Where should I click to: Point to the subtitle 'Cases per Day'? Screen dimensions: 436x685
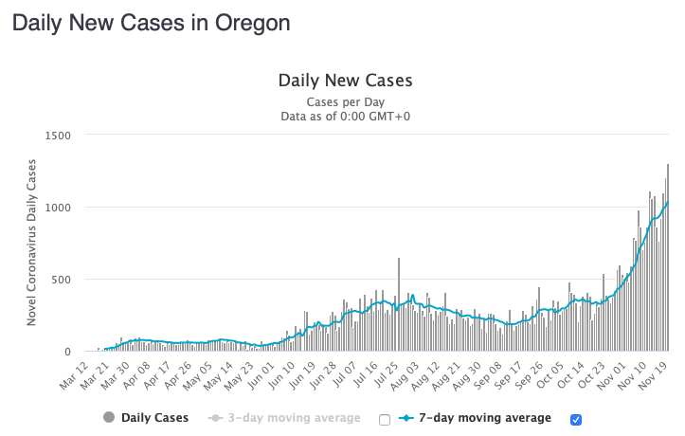(x=345, y=101)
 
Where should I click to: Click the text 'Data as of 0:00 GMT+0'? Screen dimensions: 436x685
(x=345, y=117)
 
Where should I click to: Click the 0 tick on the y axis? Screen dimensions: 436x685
(x=67, y=352)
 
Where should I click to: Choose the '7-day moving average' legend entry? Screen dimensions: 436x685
(x=475, y=418)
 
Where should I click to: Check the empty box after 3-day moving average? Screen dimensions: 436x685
(x=385, y=419)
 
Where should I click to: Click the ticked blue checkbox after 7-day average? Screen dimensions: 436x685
(x=576, y=419)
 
